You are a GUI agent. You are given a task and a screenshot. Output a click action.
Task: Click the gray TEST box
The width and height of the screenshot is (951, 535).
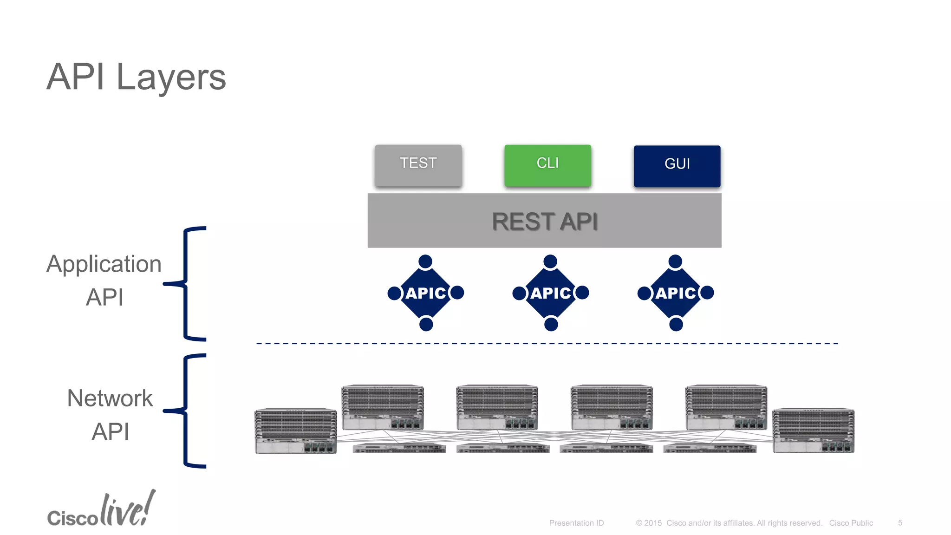(x=418, y=165)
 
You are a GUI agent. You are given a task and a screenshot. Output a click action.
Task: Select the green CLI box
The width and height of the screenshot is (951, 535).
(x=547, y=165)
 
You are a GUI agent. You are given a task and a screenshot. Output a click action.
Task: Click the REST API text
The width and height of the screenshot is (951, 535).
(x=545, y=222)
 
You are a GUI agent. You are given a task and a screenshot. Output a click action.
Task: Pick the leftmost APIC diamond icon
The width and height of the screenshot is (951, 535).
(x=426, y=293)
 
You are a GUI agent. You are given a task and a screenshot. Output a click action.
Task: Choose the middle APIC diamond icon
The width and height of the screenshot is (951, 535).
(x=551, y=293)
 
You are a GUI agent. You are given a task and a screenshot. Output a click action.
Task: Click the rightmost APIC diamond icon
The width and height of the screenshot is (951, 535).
(x=676, y=293)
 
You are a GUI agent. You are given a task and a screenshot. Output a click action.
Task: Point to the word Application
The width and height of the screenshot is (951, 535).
(x=104, y=264)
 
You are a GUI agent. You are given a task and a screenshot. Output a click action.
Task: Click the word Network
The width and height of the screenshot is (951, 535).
(x=110, y=398)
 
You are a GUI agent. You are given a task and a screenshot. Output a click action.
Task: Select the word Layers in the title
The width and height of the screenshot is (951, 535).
(x=171, y=77)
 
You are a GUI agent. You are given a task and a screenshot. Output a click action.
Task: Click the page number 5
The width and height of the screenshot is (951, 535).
(x=900, y=522)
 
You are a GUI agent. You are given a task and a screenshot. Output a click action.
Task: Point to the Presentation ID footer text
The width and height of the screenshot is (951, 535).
(x=576, y=523)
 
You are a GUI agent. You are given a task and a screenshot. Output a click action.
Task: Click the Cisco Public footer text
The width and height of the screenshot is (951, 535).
(x=851, y=523)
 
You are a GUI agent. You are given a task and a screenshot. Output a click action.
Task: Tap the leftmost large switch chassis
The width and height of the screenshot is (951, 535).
(x=296, y=431)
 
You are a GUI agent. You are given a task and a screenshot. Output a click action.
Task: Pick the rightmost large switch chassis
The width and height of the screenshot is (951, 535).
(x=813, y=431)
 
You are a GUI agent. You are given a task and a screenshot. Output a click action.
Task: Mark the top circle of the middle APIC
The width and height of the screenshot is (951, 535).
(x=550, y=261)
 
